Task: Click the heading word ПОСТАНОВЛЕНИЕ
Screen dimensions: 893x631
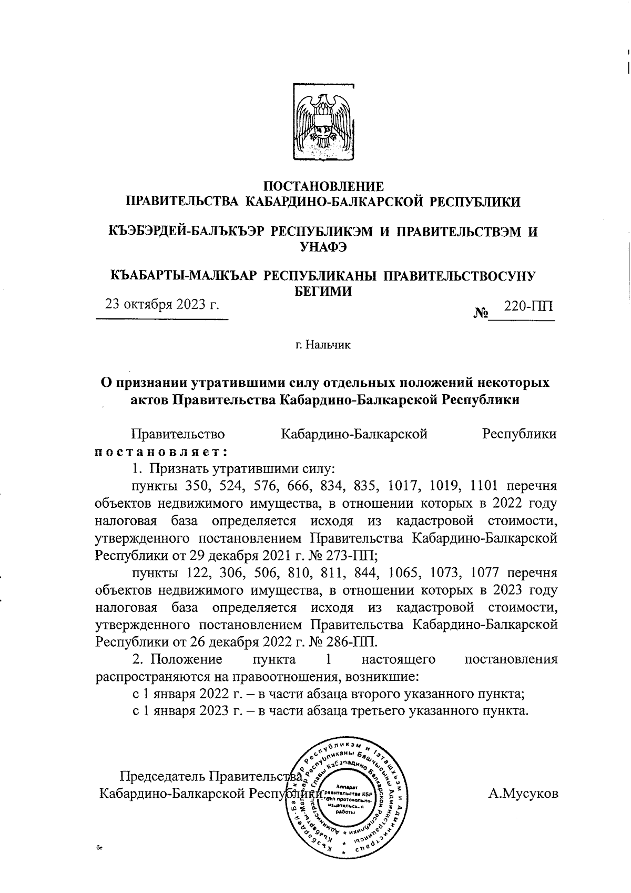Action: coord(323,186)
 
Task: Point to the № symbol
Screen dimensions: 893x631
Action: coord(481,314)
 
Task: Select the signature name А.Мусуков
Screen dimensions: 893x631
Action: coord(523,794)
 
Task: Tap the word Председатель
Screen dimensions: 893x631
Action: coord(163,776)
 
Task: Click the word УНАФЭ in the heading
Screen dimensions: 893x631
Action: coord(322,247)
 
